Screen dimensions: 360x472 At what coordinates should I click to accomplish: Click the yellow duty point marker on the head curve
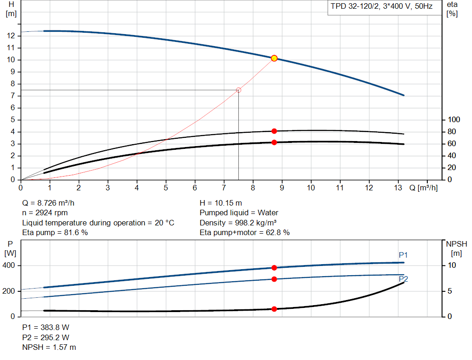[x=274, y=58]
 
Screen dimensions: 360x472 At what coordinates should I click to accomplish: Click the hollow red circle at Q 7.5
[x=238, y=90]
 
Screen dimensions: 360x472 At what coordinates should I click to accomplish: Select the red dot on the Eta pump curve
[x=274, y=131]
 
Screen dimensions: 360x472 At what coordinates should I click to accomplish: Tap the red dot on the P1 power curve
[x=274, y=268]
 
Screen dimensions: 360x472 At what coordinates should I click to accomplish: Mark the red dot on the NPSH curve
[x=274, y=309]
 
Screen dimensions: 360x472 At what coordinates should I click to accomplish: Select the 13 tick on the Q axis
[x=398, y=188]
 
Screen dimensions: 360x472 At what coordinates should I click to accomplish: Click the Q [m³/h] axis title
[x=423, y=188]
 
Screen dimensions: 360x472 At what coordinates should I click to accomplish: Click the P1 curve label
[x=403, y=255]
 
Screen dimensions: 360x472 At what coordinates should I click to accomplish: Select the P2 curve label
[x=403, y=279]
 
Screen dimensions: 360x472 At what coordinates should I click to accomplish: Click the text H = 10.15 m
[x=220, y=203]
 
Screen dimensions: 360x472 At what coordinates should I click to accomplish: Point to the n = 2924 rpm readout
[x=45, y=213]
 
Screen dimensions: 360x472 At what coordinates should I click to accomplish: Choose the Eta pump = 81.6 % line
[x=55, y=233]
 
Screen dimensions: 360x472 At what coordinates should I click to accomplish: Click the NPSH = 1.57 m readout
[x=49, y=347]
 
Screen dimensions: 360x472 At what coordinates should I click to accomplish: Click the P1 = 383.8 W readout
[x=46, y=327]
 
